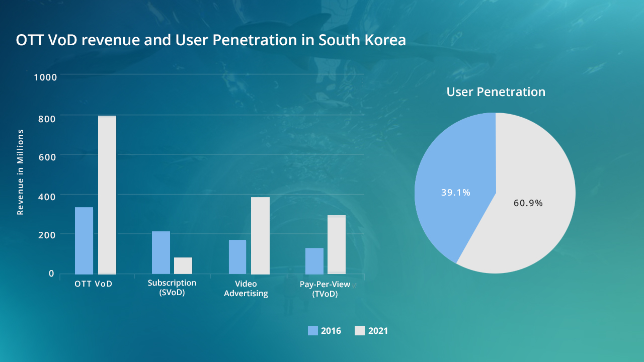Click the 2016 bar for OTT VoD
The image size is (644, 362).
click(84, 240)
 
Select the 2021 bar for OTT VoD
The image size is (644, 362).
click(107, 195)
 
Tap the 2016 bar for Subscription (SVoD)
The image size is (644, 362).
click(161, 252)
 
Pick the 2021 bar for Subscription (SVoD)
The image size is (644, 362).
click(183, 265)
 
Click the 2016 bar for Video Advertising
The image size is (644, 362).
click(237, 256)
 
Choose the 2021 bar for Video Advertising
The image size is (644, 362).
click(260, 235)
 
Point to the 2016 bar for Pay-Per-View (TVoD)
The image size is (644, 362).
click(314, 260)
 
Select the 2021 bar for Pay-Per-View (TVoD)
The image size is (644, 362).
click(337, 244)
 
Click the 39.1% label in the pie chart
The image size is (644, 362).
click(455, 193)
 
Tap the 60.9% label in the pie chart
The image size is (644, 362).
click(528, 203)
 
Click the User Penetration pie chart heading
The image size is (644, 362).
click(496, 92)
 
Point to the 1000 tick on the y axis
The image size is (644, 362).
click(45, 77)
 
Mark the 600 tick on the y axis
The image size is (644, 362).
click(46, 156)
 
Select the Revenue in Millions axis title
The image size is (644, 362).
click(21, 172)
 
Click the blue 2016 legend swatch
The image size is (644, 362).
click(313, 330)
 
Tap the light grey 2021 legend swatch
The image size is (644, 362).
click(360, 330)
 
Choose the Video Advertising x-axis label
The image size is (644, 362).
click(246, 289)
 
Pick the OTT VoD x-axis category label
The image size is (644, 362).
click(93, 284)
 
